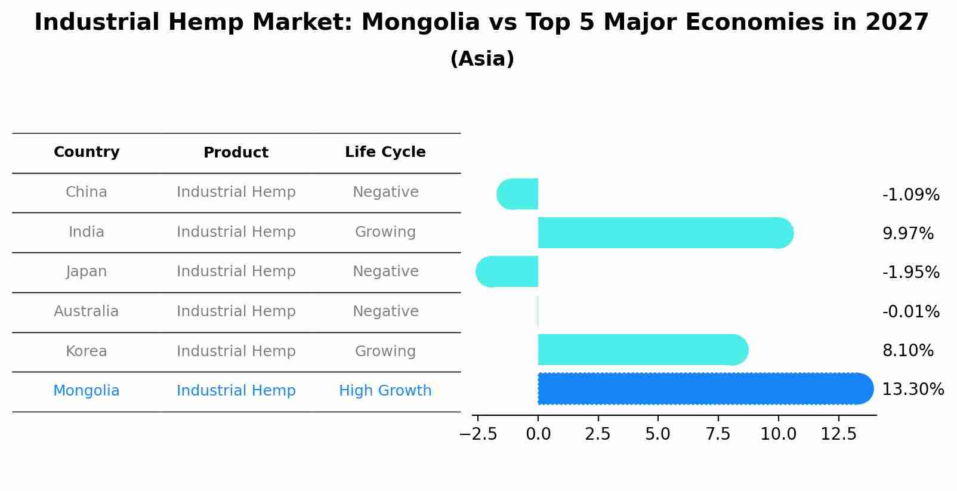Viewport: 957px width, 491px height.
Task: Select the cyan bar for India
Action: [662, 233]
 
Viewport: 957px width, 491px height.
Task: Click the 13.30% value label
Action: [912, 390]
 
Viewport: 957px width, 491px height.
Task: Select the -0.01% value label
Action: [910, 311]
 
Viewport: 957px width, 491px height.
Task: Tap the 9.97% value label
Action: [907, 233]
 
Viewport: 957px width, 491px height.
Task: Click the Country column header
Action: [87, 152]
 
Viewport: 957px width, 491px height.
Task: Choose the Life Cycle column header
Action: [385, 152]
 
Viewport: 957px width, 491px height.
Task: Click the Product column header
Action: [236, 153]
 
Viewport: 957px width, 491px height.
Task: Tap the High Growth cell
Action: [385, 391]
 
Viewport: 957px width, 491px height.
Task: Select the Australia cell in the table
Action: [86, 311]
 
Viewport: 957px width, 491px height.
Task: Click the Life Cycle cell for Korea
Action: [385, 351]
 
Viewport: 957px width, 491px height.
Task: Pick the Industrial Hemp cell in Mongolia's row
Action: [236, 391]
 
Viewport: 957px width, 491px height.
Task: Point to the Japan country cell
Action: [86, 271]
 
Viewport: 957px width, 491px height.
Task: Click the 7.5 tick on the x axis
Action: [718, 434]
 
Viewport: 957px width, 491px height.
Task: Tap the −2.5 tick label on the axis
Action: [477, 434]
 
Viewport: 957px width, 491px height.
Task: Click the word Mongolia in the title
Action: [420, 23]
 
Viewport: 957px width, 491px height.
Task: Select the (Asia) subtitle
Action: [481, 59]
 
